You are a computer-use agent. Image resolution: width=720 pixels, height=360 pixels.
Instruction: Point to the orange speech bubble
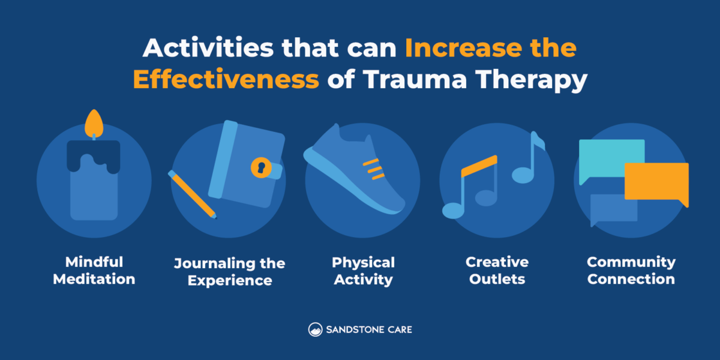(x=656, y=181)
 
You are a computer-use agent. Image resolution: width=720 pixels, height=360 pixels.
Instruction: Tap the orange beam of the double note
(x=479, y=165)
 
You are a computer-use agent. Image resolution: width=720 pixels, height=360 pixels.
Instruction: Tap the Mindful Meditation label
(x=94, y=271)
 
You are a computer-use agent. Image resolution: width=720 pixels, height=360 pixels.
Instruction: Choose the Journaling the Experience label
(x=229, y=272)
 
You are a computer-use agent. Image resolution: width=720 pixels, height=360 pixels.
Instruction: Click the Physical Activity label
(x=363, y=271)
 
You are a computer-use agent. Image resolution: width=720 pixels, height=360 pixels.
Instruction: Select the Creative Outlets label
(x=497, y=271)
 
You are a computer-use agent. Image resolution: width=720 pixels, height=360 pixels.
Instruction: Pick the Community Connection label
(x=631, y=271)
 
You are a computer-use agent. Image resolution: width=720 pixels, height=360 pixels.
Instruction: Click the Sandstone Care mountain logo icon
(x=316, y=329)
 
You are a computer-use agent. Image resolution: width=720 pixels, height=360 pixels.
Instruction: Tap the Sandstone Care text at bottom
(x=369, y=329)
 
